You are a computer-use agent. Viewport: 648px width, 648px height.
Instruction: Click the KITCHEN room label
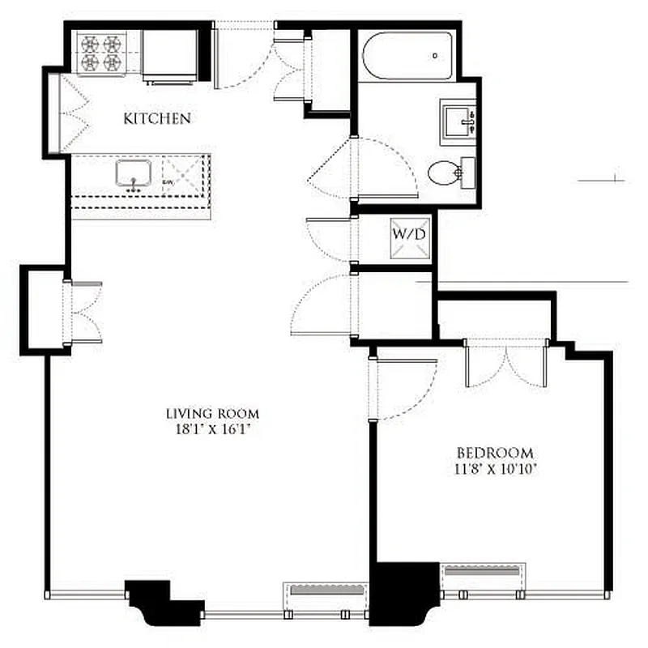point(157,119)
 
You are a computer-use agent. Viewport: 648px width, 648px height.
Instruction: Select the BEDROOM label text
point(495,453)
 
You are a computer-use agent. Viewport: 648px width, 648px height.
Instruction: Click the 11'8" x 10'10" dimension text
point(495,468)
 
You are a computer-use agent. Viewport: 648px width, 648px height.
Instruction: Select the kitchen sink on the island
point(134,173)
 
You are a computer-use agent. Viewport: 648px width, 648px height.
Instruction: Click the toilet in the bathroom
point(448,172)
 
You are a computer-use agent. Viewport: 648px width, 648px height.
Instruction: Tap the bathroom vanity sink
point(458,123)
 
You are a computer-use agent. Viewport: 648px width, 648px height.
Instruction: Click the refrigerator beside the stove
point(170,54)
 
